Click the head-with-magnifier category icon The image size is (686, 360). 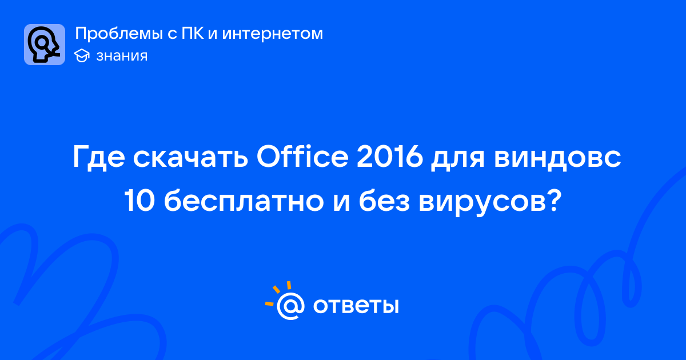(x=45, y=45)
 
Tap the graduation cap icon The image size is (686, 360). (x=82, y=56)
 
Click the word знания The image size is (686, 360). (x=122, y=56)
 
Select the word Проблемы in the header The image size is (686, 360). (x=119, y=34)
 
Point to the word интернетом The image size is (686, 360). (x=273, y=34)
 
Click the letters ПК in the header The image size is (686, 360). (x=193, y=33)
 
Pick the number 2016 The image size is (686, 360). (x=390, y=157)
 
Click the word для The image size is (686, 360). (x=457, y=160)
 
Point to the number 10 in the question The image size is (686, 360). (x=139, y=201)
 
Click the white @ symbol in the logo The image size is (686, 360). (x=290, y=306)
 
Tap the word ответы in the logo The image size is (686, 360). (x=356, y=306)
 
